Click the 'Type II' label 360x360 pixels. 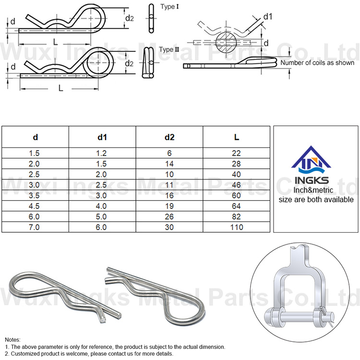click(x=169, y=49)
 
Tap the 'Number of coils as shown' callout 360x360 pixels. click(x=317, y=63)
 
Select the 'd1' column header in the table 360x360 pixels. click(x=102, y=137)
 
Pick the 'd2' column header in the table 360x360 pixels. click(x=169, y=137)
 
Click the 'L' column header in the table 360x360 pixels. click(x=237, y=137)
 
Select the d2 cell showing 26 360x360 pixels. click(x=169, y=217)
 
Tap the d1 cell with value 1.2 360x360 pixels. click(x=102, y=153)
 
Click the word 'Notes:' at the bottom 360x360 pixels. click(x=13, y=339)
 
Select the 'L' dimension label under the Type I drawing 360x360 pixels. click(x=56, y=41)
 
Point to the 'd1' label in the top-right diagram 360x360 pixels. click(x=268, y=17)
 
